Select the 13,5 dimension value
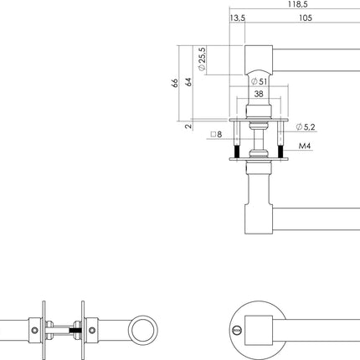pyautogui.click(x=237, y=18)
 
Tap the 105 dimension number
pyautogui.click(x=306, y=18)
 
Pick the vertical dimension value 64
pyautogui.click(x=189, y=84)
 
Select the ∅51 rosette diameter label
pyautogui.click(x=260, y=82)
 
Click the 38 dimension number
pyautogui.click(x=260, y=95)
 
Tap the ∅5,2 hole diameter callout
pyautogui.click(x=306, y=127)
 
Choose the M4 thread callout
pyautogui.click(x=306, y=145)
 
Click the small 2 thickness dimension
pyautogui.click(x=189, y=126)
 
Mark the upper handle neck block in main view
pyautogui.click(x=259, y=60)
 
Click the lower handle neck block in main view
pyautogui.click(x=259, y=197)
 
